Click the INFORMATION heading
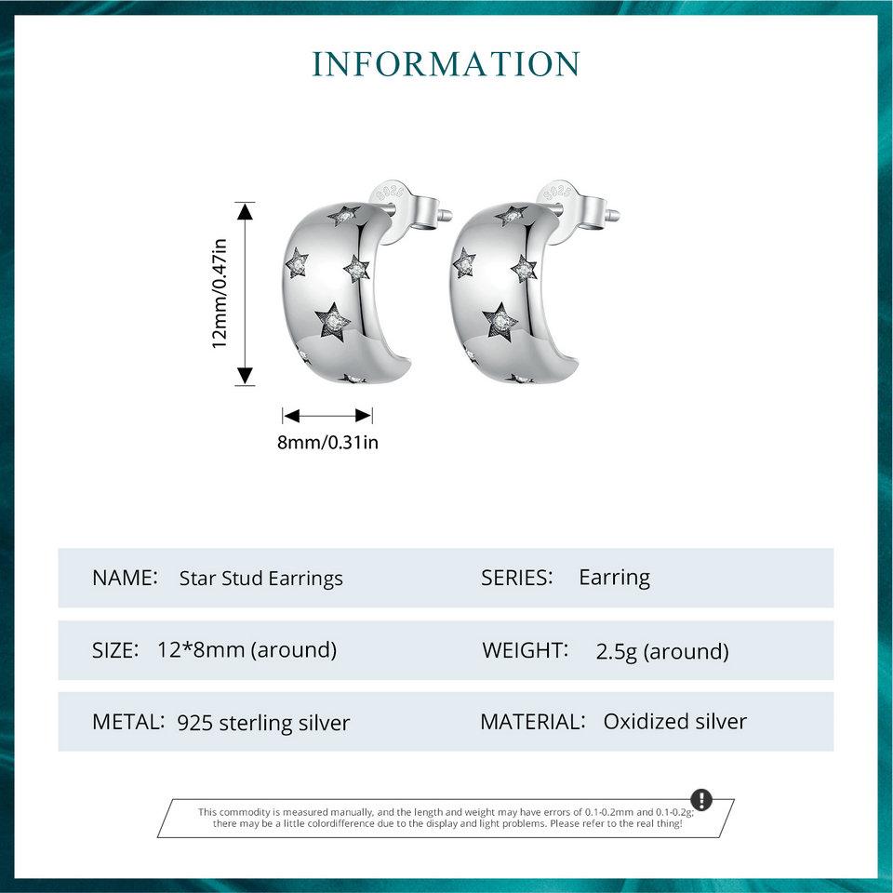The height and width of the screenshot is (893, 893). pyautogui.click(x=446, y=64)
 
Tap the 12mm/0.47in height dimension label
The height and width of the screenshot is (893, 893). pyautogui.click(x=220, y=293)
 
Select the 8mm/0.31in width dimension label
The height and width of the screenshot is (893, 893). pyautogui.click(x=327, y=442)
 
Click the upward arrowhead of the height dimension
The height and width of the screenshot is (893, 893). pyautogui.click(x=245, y=211)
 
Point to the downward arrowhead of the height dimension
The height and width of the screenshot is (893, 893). pyautogui.click(x=245, y=376)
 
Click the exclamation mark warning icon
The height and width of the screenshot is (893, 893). pyautogui.click(x=701, y=800)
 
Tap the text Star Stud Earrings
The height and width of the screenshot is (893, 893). pyautogui.click(x=260, y=579)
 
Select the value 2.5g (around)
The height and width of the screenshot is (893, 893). pyautogui.click(x=662, y=651)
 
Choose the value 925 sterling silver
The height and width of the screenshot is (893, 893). pyautogui.click(x=263, y=723)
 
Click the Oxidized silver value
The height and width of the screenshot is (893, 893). pyautogui.click(x=675, y=722)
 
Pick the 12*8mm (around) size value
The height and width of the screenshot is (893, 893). pyautogui.click(x=247, y=650)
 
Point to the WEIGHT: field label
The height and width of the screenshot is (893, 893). pyautogui.click(x=525, y=650)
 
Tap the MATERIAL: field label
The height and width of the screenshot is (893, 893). pyautogui.click(x=533, y=722)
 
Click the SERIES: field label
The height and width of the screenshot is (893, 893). pyautogui.click(x=517, y=578)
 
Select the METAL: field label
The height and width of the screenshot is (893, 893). pyautogui.click(x=128, y=722)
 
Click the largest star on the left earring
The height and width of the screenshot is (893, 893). pyautogui.click(x=332, y=323)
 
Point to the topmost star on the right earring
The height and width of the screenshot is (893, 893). pyautogui.click(x=511, y=215)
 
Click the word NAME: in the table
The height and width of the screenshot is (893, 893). pyautogui.click(x=125, y=578)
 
